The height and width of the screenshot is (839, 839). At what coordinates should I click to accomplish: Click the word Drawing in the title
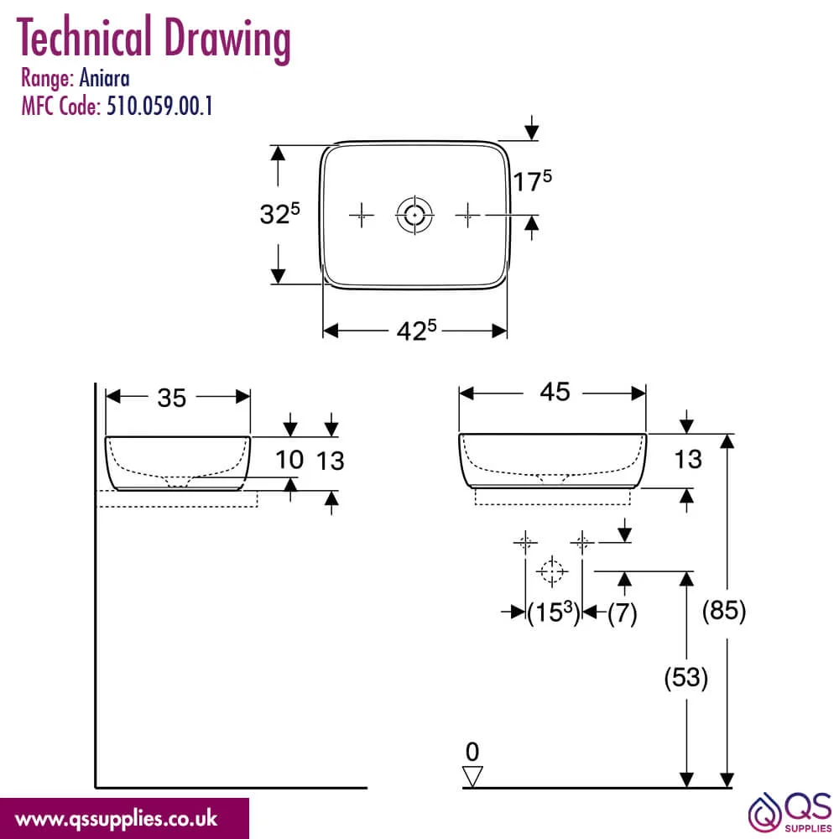[227, 39]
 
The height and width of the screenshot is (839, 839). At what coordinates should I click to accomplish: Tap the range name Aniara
[104, 78]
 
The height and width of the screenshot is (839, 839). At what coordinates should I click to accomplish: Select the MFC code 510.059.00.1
[159, 106]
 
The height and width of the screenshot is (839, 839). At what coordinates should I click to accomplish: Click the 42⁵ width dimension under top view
[416, 330]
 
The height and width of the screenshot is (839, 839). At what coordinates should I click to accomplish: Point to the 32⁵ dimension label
[279, 213]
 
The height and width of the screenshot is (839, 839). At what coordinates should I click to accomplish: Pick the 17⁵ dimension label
[533, 180]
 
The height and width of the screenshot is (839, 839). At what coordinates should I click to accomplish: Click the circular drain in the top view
[414, 215]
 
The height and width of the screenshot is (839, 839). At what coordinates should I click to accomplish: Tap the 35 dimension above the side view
[171, 398]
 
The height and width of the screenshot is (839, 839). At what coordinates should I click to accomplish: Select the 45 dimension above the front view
[555, 392]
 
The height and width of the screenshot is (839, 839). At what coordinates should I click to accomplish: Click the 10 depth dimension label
[289, 460]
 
